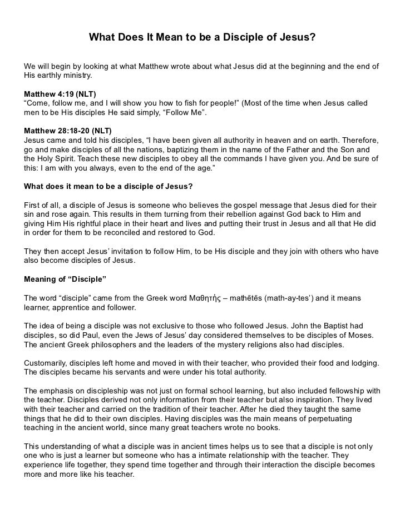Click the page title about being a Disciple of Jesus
click(202, 38)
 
